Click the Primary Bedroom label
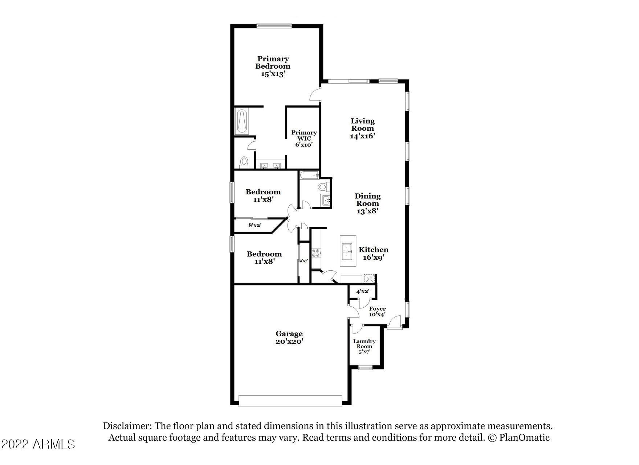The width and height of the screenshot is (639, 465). coord(273,62)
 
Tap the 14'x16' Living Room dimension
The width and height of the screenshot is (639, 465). coord(362,136)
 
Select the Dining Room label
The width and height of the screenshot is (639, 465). coord(367,200)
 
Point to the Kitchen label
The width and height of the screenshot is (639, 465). coord(374,250)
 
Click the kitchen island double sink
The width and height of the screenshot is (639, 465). coord(347,251)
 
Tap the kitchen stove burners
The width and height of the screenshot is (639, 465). coord(316,253)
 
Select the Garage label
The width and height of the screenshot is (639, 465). coord(289,333)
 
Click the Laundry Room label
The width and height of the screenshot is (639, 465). coord(364,344)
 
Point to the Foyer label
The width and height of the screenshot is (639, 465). coord(377,309)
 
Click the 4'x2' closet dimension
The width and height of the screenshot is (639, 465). coord(362,291)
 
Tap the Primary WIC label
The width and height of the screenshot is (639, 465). coord(304,136)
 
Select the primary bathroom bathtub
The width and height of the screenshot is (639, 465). coord(242,122)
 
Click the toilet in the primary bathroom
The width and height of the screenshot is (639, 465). coord(244,162)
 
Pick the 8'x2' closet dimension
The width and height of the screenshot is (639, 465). coord(255,225)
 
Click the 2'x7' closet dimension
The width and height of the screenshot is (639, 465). coord(304,260)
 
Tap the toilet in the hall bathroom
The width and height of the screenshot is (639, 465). coord(322,187)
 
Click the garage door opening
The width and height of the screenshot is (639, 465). coord(290,401)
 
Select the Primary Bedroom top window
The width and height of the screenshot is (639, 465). coord(273,26)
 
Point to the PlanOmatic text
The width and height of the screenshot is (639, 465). coord(524,437)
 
